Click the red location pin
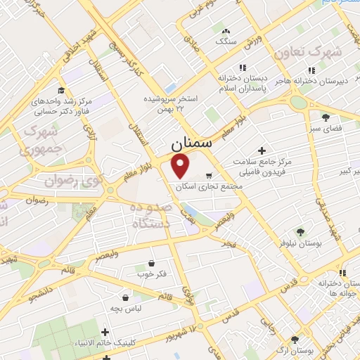pos(181,165)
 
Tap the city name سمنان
pos(191,143)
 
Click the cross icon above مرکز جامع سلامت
pos(262,150)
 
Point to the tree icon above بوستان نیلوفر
pos(300,231)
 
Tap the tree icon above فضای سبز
pos(324,117)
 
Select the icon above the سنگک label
pos(226,31)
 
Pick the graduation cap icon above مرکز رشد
pos(61,91)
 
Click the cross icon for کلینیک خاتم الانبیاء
pos(105,332)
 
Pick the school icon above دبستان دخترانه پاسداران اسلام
pos(242,68)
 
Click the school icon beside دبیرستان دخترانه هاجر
pos(310,71)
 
